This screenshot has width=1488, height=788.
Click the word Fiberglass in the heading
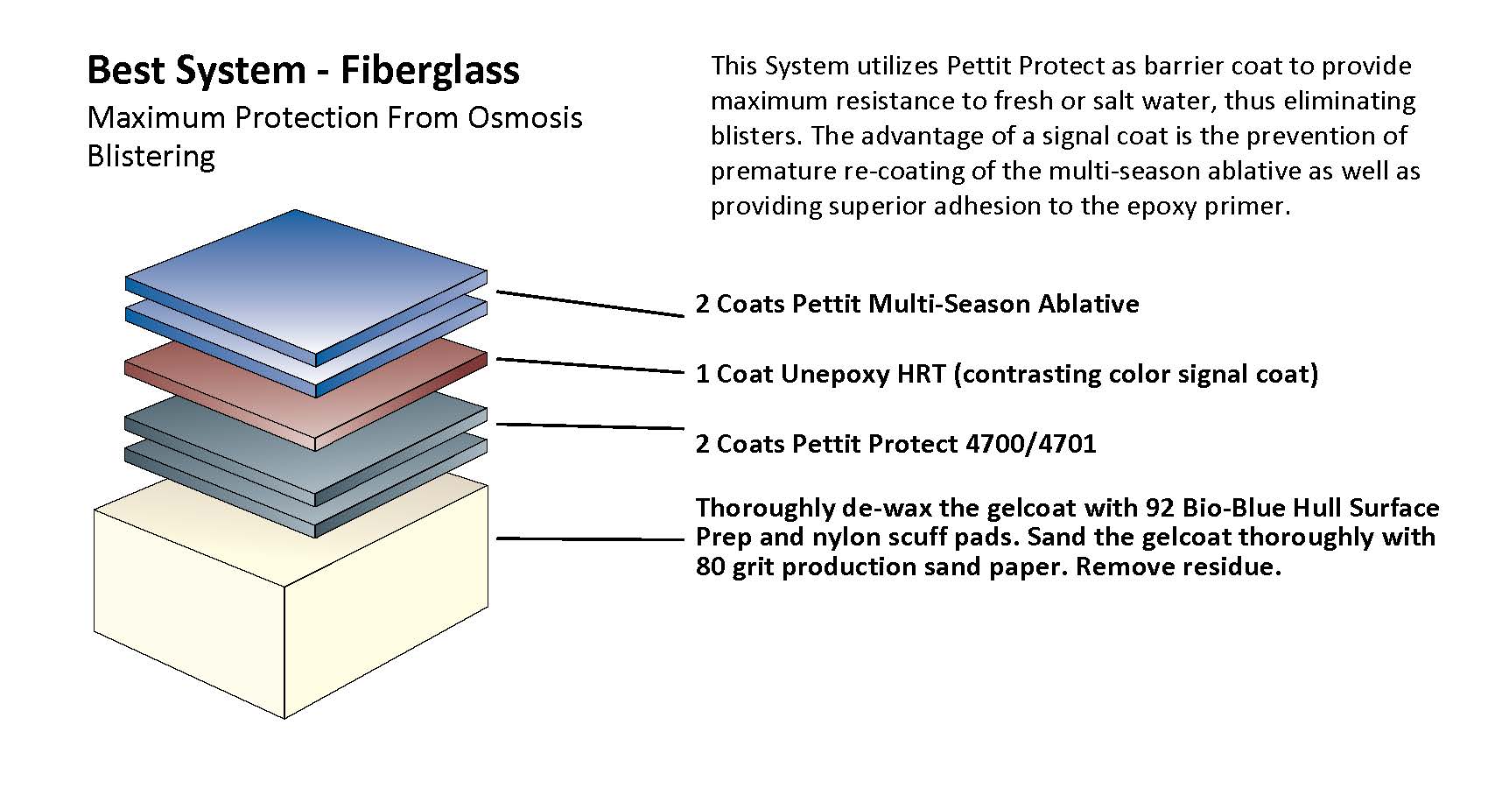click(x=430, y=70)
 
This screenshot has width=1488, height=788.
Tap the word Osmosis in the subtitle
click(x=525, y=117)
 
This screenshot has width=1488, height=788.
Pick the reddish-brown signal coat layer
click(x=306, y=396)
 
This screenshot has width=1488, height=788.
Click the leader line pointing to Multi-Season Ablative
click(x=591, y=304)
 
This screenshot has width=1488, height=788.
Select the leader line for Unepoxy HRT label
click(x=591, y=366)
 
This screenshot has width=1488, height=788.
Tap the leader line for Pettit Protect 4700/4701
click(x=591, y=426)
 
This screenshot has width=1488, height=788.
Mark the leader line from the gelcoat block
click(x=591, y=538)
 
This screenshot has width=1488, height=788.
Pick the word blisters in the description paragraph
click(x=755, y=137)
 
